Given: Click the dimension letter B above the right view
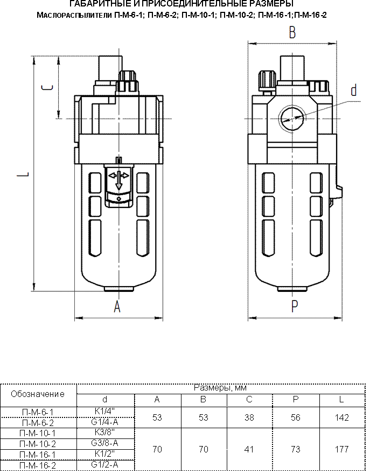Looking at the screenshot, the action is tap(292, 33).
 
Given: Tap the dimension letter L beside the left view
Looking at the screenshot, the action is tap(26, 175).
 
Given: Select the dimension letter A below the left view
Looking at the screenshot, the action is tap(117, 306).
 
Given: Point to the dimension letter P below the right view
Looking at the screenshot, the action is tap(295, 306).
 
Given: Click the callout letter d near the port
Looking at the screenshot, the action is tap(354, 90).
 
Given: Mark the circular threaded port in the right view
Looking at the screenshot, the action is tap(291, 118).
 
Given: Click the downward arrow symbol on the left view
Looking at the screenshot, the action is tap(119, 181).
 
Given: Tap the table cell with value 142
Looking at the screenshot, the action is tap(341, 417).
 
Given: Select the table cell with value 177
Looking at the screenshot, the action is tap(341, 449).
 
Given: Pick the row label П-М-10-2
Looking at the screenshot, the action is tap(38, 444).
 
